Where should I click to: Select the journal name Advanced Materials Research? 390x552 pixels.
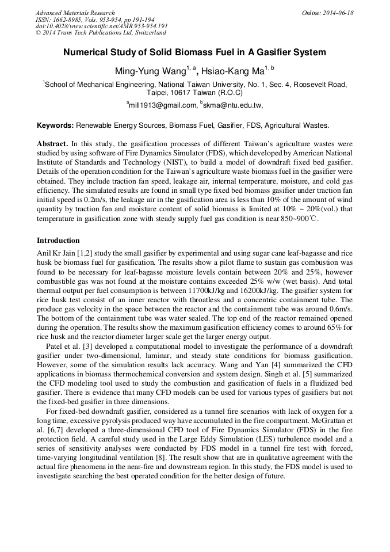click(x=75, y=13)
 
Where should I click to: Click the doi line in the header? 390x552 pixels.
click(x=102, y=26)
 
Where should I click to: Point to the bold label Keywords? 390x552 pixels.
click(x=55, y=125)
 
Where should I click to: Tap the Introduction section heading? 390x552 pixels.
click(x=58, y=241)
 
